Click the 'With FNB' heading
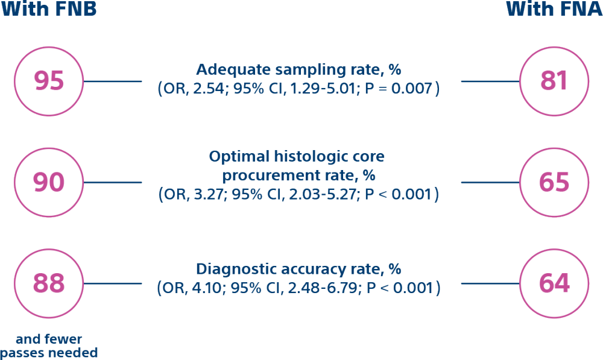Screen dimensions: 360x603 49,9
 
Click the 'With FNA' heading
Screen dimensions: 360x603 554,9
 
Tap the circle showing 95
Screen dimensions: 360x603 49,81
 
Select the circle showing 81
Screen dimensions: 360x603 554,81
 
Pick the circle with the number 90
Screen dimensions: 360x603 49,182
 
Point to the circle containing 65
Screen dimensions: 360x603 554,182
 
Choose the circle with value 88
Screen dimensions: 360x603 49,283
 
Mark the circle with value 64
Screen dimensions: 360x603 554,283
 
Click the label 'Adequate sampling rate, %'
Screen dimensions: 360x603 299,69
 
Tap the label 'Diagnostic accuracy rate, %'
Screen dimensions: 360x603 299,269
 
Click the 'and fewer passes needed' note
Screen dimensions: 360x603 49,346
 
